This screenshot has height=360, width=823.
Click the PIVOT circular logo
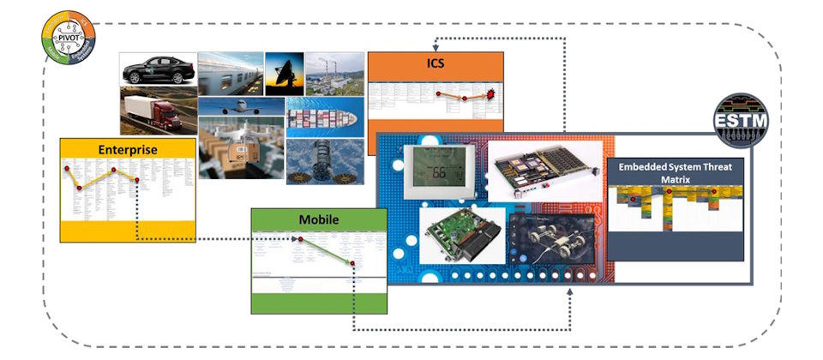click(x=69, y=38)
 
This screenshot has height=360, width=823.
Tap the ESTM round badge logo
click(x=742, y=123)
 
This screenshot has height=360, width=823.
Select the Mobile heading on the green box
click(x=318, y=220)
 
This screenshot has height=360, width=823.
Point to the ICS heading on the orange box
click(x=436, y=63)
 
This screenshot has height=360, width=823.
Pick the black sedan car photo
click(x=158, y=69)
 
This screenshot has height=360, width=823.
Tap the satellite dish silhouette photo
click(x=284, y=72)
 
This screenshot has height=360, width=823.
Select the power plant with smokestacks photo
click(x=333, y=72)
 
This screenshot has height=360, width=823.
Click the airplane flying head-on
click(x=241, y=106)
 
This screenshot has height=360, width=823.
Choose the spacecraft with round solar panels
click(x=321, y=163)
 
